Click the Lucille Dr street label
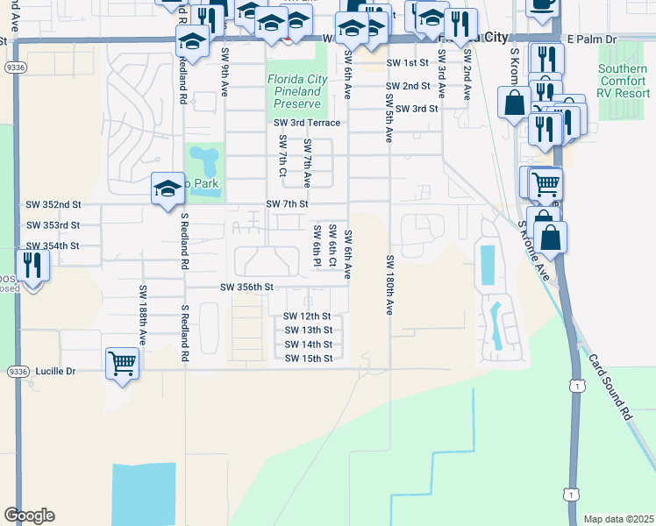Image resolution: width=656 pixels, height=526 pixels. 55,371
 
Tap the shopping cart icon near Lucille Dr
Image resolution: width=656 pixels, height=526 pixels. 122,362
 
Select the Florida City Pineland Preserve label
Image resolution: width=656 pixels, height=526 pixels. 297,90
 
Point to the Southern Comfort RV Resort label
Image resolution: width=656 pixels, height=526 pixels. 624,81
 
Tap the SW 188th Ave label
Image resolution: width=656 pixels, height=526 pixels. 141,313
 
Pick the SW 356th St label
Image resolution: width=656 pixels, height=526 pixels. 247,287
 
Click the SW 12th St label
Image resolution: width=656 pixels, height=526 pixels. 307,316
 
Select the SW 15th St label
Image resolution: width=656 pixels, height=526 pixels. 309,358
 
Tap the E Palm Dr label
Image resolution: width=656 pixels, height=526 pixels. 592,39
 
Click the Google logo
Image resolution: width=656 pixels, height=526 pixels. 29,515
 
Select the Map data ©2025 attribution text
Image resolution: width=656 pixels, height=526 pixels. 617,519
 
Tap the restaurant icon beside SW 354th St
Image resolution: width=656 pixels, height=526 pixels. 32,265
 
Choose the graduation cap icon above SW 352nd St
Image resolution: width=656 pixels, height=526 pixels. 168,188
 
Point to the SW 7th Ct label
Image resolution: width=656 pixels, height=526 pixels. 282,154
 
